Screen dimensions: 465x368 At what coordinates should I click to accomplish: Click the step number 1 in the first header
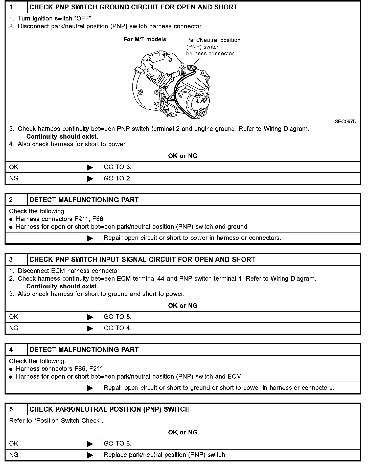coord(11,7)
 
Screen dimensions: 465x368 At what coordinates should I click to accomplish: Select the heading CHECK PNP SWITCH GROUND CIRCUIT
coord(133,7)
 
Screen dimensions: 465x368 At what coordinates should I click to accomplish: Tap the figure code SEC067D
coord(346,121)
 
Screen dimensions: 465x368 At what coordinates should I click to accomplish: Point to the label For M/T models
coord(145,39)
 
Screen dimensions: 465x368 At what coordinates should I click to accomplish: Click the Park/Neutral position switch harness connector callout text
coord(213,47)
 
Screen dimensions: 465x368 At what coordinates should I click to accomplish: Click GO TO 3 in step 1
coord(118,167)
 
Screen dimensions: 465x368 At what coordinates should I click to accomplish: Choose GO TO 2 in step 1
coord(118,178)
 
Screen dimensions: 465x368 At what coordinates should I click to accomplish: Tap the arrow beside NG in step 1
coord(90,179)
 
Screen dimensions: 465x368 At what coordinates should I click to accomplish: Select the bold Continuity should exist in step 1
coord(62,136)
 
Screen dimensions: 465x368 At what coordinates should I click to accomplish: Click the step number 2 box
coord(11,200)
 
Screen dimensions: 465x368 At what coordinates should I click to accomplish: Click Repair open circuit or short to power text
coord(192,238)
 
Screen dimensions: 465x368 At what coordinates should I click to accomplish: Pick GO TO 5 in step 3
coord(118,317)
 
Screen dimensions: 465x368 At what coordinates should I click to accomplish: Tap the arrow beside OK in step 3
coord(90,317)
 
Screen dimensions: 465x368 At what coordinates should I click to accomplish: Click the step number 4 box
coord(11,350)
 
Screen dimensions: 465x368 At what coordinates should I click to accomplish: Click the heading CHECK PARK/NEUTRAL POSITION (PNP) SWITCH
coord(109,409)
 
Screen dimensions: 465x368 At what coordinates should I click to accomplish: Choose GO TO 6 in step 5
coord(118,444)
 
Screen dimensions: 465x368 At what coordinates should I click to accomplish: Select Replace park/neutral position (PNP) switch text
coord(165,455)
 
